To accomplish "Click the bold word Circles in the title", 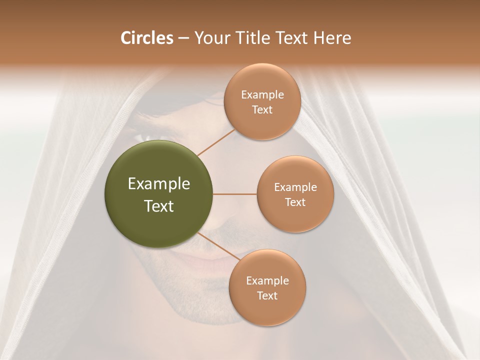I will tap(146, 38).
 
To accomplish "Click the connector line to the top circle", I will tap(216, 142).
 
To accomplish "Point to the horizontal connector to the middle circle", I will tap(235, 194).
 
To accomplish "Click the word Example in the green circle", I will tap(159, 184).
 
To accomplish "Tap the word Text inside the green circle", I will tap(159, 206).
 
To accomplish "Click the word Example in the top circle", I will tap(262, 95).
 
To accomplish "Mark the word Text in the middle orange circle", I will tap(295, 202).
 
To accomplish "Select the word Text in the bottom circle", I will tap(267, 296).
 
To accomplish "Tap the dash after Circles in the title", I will tap(183, 38).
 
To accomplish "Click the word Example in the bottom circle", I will tap(267, 281).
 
